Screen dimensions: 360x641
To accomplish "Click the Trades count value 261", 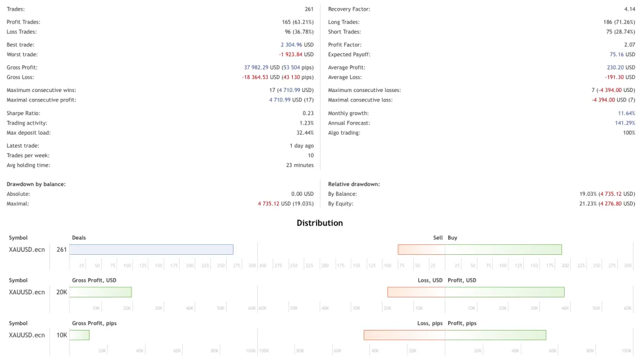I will click(309, 9).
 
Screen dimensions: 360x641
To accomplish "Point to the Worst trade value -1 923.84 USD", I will click(296, 54).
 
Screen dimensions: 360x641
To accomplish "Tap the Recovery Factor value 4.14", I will click(629, 9).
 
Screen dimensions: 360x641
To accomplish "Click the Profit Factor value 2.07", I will click(629, 45).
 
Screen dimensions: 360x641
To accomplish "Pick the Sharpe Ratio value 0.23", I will click(308, 113).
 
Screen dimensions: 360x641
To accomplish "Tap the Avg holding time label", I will click(28, 165).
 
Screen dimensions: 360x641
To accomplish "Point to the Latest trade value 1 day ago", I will click(300, 146).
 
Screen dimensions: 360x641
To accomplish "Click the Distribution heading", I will click(320, 223).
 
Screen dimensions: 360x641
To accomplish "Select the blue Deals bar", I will click(151, 249).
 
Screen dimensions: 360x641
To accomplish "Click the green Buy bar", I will click(503, 249).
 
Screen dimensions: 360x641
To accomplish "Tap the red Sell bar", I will click(421, 249).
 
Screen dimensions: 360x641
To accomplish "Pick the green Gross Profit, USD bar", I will click(100, 292).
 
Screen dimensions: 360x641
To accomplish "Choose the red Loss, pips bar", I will click(404, 335).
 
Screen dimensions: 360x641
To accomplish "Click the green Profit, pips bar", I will click(495, 335).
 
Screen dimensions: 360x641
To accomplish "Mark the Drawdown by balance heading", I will click(36, 184).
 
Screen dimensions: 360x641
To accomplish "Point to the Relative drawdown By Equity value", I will click(607, 203).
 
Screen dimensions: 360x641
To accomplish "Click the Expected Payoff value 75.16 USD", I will click(622, 54).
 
